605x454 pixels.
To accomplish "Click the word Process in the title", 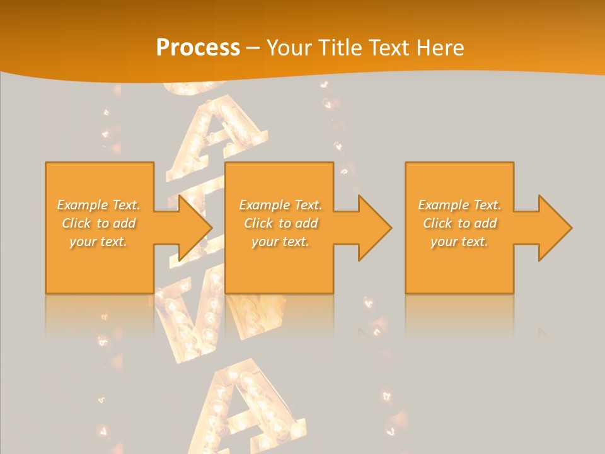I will click(x=198, y=48).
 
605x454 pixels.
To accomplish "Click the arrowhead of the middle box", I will click(x=374, y=228).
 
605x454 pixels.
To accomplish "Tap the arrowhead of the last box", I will click(x=555, y=228).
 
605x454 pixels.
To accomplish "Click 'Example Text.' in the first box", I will click(x=98, y=205).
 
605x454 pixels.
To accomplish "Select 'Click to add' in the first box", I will click(x=98, y=223).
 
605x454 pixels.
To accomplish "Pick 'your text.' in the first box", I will click(x=98, y=242).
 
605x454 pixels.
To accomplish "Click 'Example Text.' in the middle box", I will click(x=280, y=205).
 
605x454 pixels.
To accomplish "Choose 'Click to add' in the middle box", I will click(x=280, y=223).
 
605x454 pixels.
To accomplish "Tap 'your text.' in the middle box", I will click(x=280, y=242).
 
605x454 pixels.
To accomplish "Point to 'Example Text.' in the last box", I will click(x=459, y=205).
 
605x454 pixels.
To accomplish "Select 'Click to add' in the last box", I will click(x=459, y=223).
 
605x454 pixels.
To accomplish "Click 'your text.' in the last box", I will click(x=459, y=242).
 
